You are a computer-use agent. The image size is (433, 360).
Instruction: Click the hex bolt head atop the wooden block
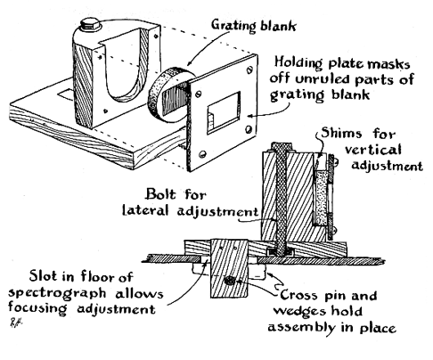[x=91, y=25]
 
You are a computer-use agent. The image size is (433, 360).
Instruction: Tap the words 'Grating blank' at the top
[x=254, y=26]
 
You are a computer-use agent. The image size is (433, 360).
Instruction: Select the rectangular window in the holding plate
[x=224, y=113]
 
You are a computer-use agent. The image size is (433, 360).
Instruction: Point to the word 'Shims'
[x=341, y=133]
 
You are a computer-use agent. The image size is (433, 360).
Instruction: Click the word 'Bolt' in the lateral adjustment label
[x=161, y=194]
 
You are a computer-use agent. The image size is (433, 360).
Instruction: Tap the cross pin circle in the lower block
[x=230, y=280]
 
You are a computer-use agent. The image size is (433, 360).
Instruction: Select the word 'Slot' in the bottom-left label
[x=43, y=276]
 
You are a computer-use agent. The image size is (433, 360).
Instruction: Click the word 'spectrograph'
[x=57, y=294]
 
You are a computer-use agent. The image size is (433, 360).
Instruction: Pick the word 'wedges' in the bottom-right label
[x=299, y=312]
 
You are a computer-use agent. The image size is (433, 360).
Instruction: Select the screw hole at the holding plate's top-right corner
[x=249, y=70]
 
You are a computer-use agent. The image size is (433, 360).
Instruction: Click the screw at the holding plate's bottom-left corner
[x=202, y=154]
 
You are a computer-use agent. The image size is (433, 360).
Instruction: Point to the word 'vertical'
[x=373, y=150]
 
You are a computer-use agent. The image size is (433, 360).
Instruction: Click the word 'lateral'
[x=145, y=210]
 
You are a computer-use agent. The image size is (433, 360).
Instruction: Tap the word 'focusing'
[x=37, y=308]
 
